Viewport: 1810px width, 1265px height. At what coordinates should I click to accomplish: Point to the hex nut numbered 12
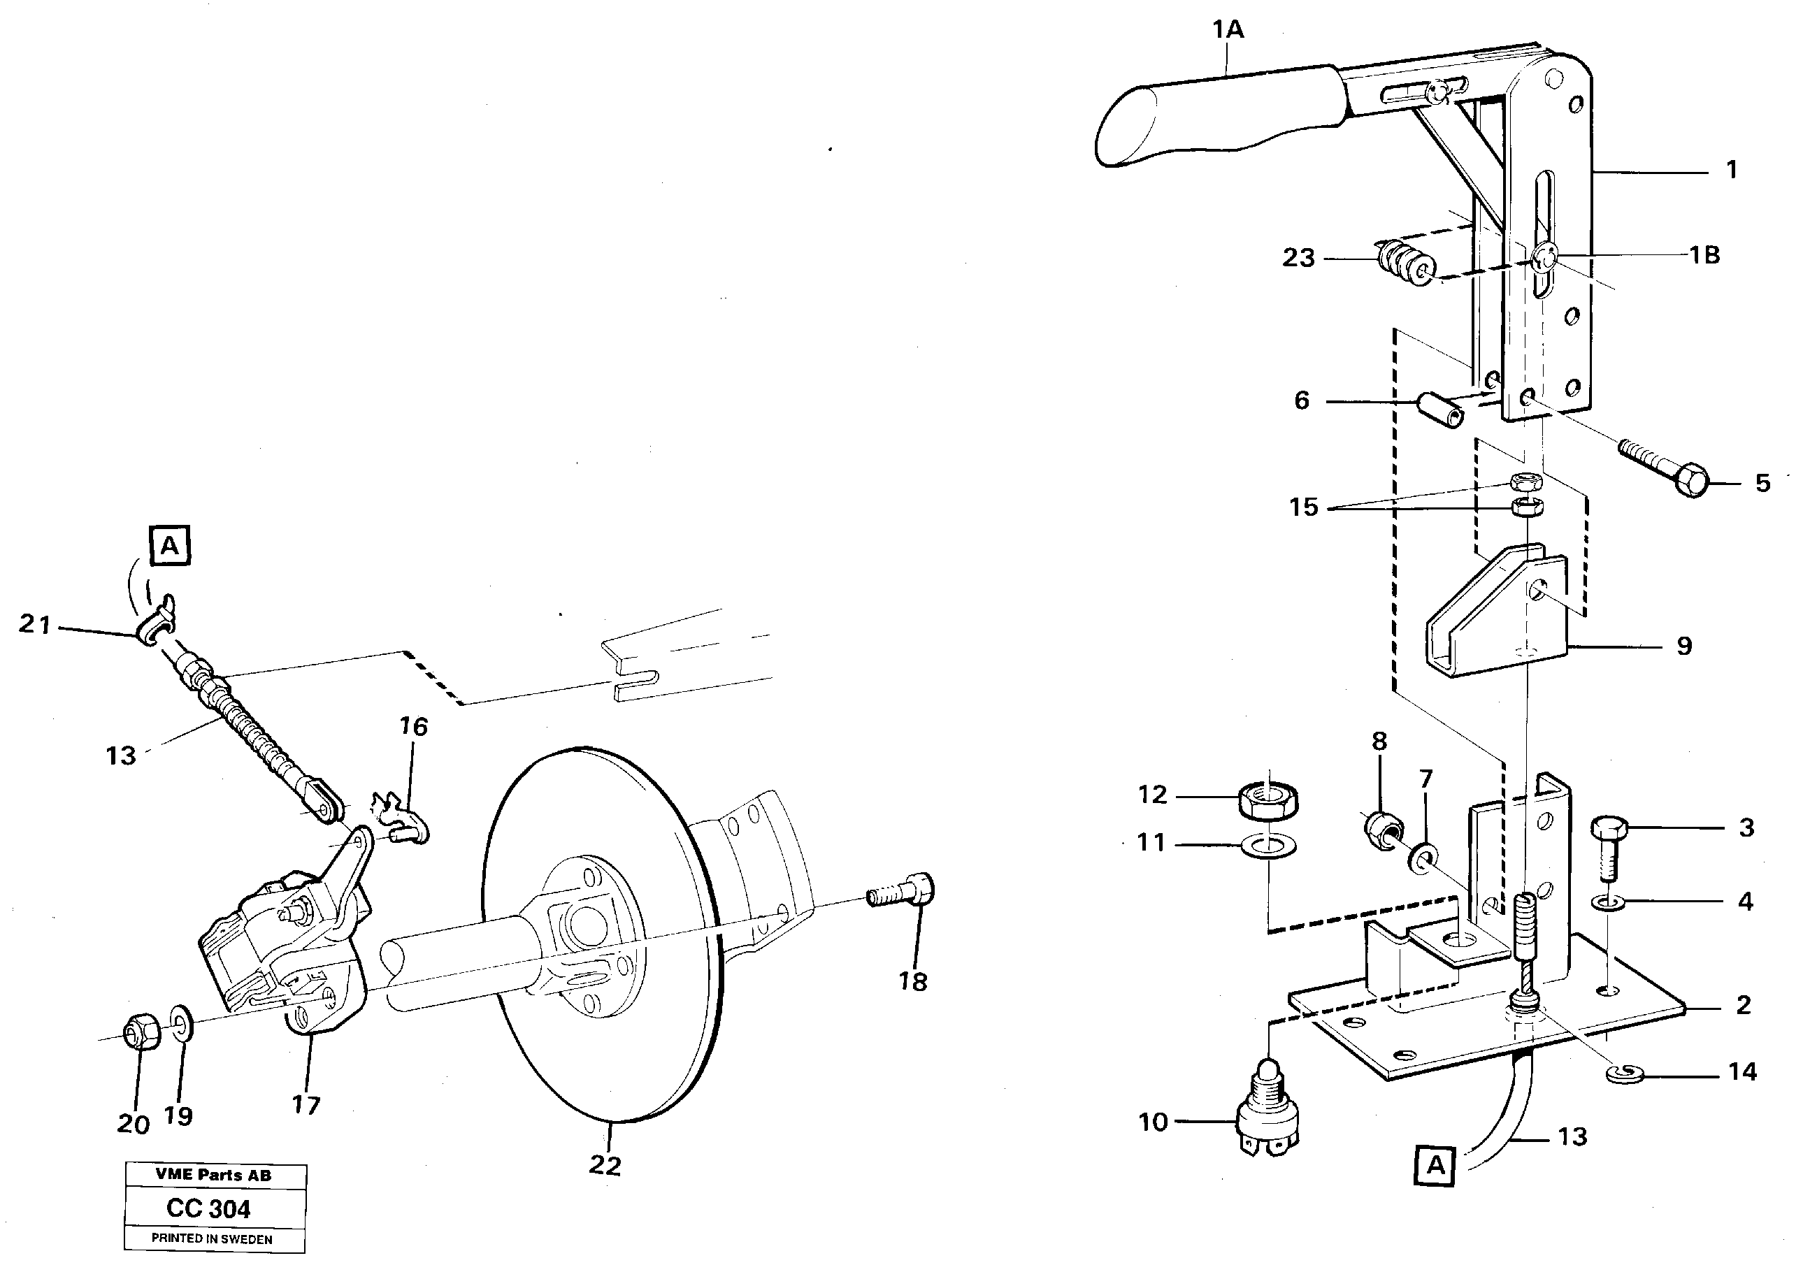point(1268,801)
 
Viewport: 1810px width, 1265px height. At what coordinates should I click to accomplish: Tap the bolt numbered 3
point(1609,844)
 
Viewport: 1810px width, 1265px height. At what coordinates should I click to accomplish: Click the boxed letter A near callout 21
point(169,545)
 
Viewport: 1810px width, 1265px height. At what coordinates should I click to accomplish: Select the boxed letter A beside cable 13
point(1435,1164)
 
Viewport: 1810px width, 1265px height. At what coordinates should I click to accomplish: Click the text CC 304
point(209,1208)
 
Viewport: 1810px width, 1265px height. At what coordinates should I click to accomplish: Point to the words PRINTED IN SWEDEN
point(212,1239)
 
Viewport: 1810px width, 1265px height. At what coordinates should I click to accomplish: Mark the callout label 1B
point(1704,254)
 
